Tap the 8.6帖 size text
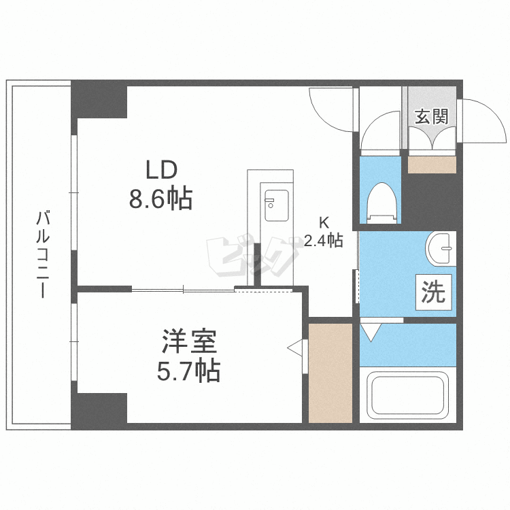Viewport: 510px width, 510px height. coord(160,199)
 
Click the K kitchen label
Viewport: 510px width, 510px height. coord(324,221)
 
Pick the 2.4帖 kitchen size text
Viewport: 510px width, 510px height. coord(323,240)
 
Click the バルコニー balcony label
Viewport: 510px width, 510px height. coord(43,255)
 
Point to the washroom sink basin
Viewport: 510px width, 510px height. coord(441,248)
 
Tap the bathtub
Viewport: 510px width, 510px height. coord(407,394)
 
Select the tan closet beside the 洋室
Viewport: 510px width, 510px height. coord(330,373)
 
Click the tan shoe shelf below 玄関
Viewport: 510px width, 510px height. coord(432,165)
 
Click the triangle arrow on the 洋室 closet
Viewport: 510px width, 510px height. coord(295,348)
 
